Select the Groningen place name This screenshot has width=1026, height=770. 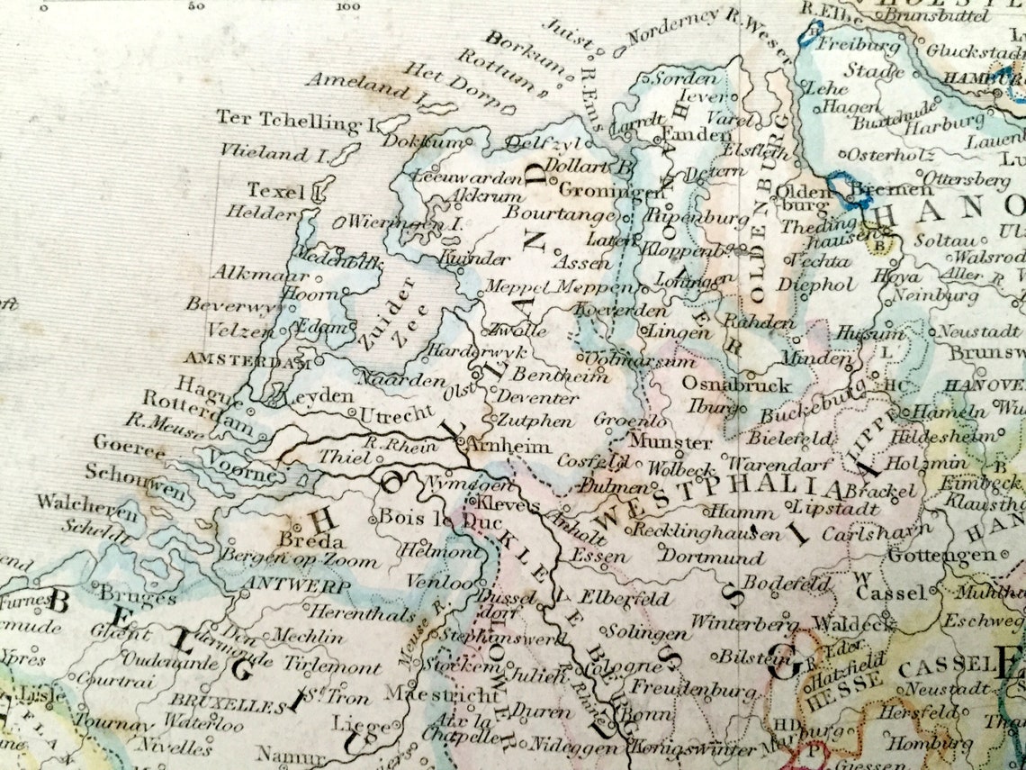599,191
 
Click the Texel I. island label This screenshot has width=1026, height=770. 277,190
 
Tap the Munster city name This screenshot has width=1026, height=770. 670,442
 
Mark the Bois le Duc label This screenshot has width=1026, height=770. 427,519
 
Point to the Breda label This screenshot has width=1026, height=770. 310,541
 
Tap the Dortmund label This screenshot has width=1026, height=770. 711,557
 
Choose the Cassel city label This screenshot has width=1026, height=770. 890,593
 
